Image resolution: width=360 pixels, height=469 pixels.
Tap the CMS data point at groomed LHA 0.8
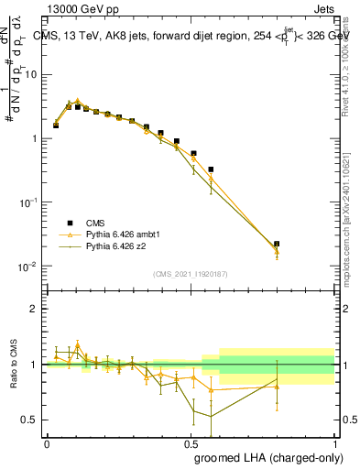(x=277, y=245)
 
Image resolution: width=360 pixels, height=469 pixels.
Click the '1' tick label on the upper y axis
(x=36, y=138)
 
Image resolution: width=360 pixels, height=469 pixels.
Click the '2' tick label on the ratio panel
(x=36, y=309)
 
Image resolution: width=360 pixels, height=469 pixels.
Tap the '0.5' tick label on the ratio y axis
(x=32, y=420)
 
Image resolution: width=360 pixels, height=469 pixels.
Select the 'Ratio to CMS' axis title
(x=14, y=365)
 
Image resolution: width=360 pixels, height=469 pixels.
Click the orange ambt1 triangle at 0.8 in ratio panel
(x=277, y=387)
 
